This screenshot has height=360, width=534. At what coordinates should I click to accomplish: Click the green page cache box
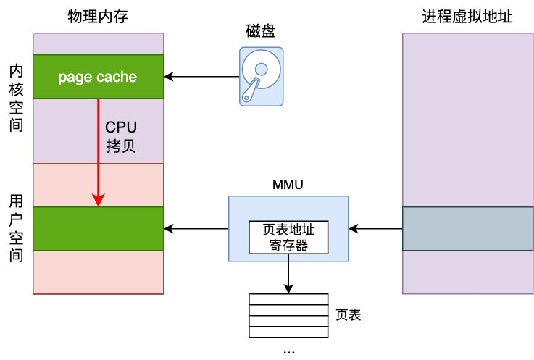pos(98,77)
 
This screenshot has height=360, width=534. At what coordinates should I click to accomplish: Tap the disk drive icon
pos(262,77)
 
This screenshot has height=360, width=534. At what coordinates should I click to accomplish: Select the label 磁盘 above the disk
pos(261,32)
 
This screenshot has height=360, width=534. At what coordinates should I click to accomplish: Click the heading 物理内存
pos(98,17)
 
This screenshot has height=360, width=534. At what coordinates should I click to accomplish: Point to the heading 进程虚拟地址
pos(467,17)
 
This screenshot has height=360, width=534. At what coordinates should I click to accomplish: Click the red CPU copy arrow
pos(99,152)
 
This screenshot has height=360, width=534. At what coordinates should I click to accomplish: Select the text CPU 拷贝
pos(121,136)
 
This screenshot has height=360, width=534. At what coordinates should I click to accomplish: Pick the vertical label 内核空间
pos(17,98)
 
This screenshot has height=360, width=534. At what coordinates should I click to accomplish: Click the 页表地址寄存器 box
pos(288,237)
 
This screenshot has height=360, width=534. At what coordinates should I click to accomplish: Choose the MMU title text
pos(288,185)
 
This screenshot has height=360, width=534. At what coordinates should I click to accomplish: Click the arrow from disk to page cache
pos(203,76)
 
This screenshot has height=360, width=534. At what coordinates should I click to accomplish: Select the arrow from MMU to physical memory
pos(196,229)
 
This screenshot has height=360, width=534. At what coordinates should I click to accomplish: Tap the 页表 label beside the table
pos(349,315)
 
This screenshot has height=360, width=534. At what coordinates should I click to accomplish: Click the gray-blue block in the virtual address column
pos(468,229)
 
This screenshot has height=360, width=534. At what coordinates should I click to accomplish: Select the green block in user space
pos(99,229)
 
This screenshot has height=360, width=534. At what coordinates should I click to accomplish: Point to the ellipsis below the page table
pos(288,351)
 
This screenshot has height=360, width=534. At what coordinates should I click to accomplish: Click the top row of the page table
pos(288,299)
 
